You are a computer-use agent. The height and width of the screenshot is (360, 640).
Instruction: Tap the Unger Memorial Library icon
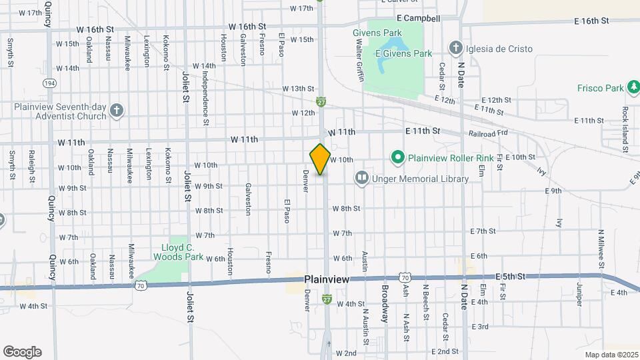click(x=361, y=178)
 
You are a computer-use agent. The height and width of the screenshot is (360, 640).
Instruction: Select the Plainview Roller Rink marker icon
click(x=398, y=158)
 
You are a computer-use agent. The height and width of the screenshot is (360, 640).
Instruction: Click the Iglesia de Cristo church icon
click(x=455, y=47)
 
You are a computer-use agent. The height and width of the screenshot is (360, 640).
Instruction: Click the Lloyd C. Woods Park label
click(x=178, y=251)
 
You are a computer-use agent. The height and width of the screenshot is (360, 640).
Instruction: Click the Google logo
click(x=22, y=352)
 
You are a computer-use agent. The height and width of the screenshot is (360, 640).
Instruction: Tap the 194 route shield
click(x=49, y=83)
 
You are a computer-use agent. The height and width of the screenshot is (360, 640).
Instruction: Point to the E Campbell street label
click(x=417, y=19)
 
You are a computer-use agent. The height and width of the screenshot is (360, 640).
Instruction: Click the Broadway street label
click(x=385, y=303)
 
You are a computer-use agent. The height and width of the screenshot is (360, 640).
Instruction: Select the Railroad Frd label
click(x=489, y=132)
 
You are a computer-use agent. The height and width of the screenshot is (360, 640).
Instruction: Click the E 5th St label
click(x=511, y=275)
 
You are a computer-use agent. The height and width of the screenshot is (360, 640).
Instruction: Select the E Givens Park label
click(x=404, y=53)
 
